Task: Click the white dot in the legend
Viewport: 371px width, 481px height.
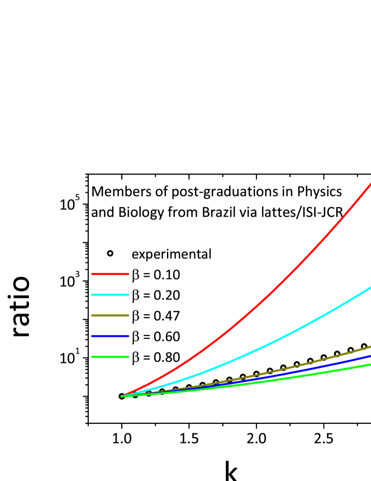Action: click(110, 253)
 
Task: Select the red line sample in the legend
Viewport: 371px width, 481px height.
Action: click(110, 273)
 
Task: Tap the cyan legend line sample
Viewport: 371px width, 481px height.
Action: click(110, 294)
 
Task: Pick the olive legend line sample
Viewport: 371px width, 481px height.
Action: click(110, 315)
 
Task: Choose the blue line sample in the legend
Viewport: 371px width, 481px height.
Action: click(110, 336)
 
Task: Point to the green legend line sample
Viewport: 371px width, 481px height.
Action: click(110, 356)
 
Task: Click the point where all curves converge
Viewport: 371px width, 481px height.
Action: click(122, 396)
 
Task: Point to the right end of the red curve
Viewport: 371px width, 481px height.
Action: click(370, 183)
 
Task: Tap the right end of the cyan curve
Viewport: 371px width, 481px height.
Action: click(370, 287)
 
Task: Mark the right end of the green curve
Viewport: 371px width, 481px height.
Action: click(370, 364)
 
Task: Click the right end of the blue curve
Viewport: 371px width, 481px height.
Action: click(370, 355)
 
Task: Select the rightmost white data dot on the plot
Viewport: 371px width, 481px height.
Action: click(364, 346)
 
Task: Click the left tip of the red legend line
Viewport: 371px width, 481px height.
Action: click(92, 273)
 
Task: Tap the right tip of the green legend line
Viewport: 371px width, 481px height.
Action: click(129, 356)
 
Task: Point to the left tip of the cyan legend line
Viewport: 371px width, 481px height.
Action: click(92, 294)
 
